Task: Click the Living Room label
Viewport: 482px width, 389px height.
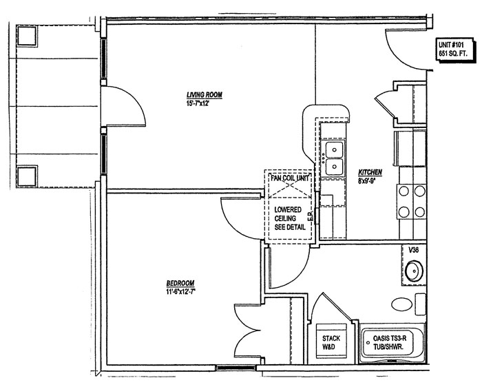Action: (x=205, y=95)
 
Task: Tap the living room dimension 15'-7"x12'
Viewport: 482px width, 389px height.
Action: (x=200, y=103)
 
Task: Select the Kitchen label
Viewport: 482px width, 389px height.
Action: (x=370, y=172)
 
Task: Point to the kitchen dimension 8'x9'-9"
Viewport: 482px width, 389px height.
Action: (x=367, y=181)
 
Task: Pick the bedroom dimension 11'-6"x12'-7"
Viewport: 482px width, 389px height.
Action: (x=180, y=292)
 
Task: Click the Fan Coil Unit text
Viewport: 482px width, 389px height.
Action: (x=290, y=178)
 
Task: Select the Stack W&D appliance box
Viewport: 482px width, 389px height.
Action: (x=331, y=341)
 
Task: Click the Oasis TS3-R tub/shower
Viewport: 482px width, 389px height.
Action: (x=392, y=344)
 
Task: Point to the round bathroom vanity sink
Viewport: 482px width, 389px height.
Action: (x=414, y=271)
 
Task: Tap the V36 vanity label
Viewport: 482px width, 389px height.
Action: (x=413, y=250)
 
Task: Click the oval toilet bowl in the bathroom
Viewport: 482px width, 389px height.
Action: (x=401, y=304)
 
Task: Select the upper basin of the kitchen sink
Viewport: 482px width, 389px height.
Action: (x=335, y=149)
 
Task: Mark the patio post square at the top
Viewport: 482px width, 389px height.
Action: (x=27, y=36)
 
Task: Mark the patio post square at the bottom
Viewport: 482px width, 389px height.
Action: (x=27, y=176)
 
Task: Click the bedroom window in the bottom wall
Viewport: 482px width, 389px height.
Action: (x=235, y=368)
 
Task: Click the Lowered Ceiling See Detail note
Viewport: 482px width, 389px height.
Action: (x=290, y=218)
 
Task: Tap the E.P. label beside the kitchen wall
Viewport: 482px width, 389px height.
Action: (x=310, y=216)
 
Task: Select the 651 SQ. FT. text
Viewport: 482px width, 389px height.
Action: (x=453, y=54)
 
